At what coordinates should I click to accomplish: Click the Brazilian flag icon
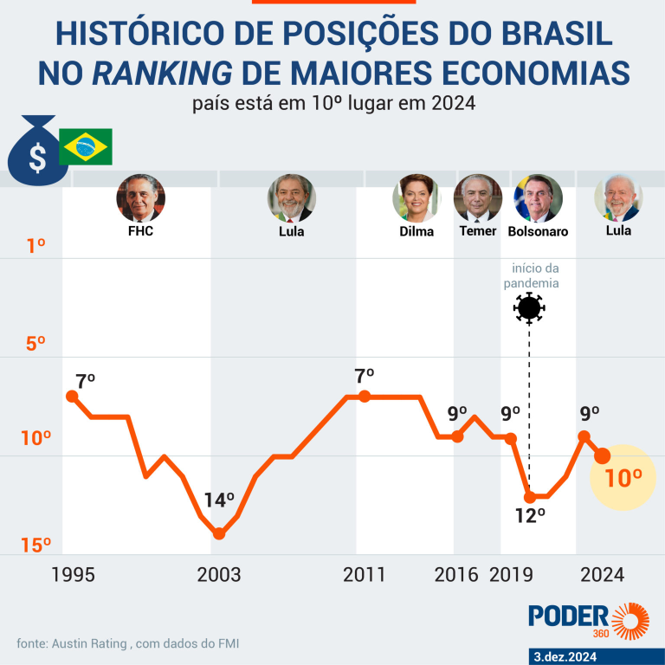pyautogui.click(x=85, y=147)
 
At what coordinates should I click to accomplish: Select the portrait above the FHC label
pyautogui.click(x=140, y=198)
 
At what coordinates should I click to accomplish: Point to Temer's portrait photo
pyautogui.click(x=478, y=198)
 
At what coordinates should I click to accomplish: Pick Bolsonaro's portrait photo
pyautogui.click(x=538, y=198)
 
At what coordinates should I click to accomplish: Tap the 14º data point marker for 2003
pyautogui.click(x=219, y=533)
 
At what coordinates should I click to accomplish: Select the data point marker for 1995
pyautogui.click(x=72, y=396)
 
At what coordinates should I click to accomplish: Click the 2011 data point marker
pyautogui.click(x=365, y=396)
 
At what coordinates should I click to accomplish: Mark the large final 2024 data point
pyautogui.click(x=603, y=455)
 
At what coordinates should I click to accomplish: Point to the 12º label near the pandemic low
pyautogui.click(x=530, y=515)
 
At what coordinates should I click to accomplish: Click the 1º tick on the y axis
pyautogui.click(x=36, y=246)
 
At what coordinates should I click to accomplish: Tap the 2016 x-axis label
pyautogui.click(x=456, y=575)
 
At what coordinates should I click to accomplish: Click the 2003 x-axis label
pyautogui.click(x=220, y=575)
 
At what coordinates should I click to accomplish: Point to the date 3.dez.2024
pyautogui.click(x=595, y=655)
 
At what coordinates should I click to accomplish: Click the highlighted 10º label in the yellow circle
pyautogui.click(x=623, y=476)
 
